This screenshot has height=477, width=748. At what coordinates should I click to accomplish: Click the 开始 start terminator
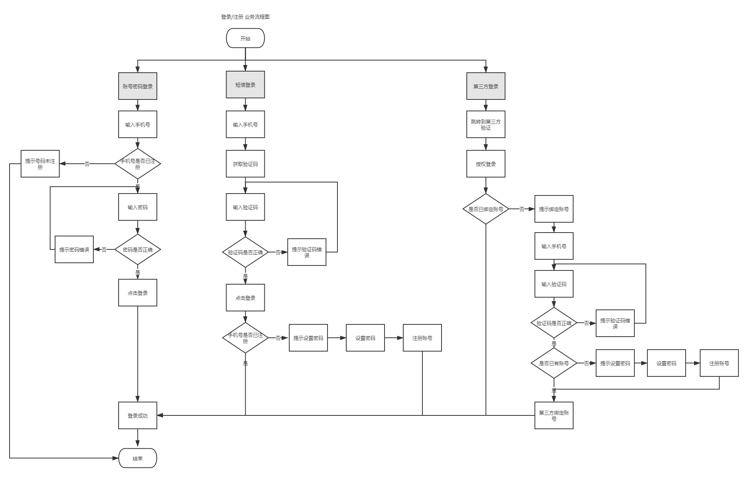click(x=245, y=38)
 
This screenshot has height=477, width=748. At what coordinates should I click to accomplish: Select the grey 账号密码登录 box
click(x=138, y=86)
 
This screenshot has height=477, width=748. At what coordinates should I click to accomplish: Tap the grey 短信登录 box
click(x=245, y=85)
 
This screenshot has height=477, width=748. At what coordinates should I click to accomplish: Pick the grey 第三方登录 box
click(x=486, y=86)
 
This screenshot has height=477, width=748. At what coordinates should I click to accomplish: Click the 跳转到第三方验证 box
click(x=486, y=125)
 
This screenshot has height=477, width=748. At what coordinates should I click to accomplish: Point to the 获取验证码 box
click(x=245, y=164)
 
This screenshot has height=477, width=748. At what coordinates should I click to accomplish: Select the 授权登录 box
click(x=486, y=164)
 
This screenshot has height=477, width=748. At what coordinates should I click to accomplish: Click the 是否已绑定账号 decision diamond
click(x=486, y=209)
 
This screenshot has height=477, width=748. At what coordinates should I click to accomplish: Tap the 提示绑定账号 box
click(x=554, y=209)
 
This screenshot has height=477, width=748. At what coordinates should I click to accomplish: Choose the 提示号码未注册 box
click(x=40, y=164)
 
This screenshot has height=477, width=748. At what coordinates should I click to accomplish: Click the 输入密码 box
click(x=138, y=207)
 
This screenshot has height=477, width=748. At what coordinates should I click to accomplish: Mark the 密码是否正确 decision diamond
click(x=138, y=250)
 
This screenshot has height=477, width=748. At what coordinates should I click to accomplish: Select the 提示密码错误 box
click(x=74, y=250)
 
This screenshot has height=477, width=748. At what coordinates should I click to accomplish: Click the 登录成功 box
click(x=138, y=416)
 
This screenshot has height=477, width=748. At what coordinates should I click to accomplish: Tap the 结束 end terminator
click(x=138, y=458)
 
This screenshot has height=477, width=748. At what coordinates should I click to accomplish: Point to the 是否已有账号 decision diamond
click(x=554, y=363)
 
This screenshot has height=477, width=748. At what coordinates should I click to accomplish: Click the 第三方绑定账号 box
click(x=554, y=416)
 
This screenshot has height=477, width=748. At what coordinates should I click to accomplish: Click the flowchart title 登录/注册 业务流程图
click(x=245, y=17)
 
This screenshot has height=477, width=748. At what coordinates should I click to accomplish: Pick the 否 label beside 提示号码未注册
click(x=87, y=164)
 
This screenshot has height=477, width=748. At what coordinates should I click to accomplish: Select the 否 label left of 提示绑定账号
click(x=522, y=209)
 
